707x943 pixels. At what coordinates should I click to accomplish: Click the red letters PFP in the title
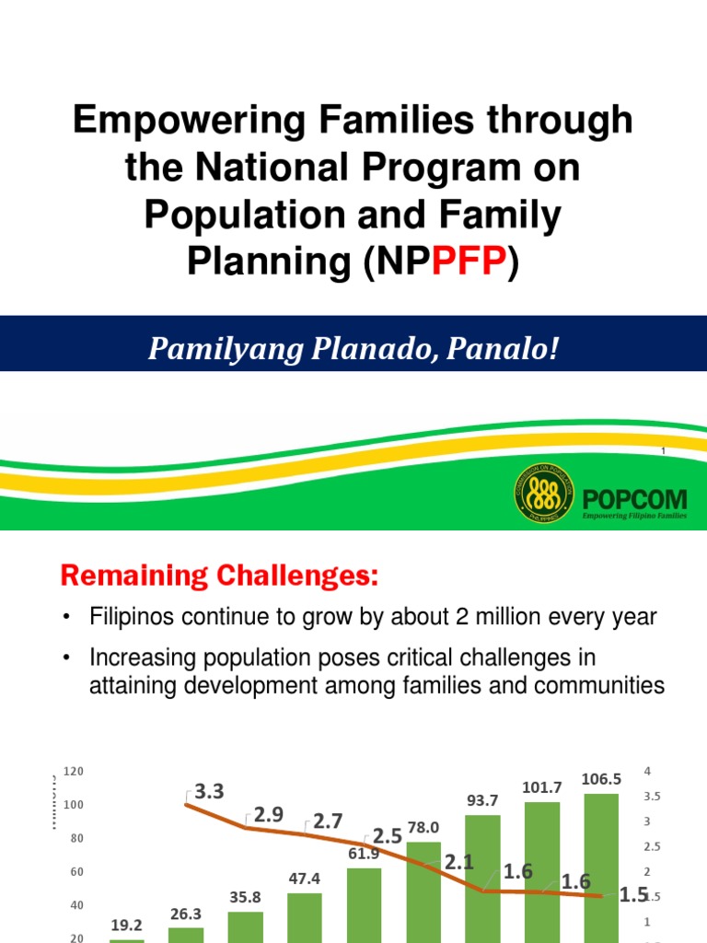coord(470,262)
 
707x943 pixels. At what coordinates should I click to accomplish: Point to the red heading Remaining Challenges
coord(220,576)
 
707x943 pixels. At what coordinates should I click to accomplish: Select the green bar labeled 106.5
coord(601,866)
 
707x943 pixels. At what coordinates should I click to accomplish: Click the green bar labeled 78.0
coord(423,891)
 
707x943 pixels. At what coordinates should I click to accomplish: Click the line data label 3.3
coord(209,791)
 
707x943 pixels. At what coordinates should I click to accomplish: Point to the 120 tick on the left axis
coord(74,771)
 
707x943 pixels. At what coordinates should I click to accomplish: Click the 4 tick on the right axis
coord(648,770)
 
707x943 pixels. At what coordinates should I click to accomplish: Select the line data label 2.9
coord(269,814)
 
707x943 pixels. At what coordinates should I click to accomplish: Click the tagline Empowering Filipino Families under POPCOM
coord(635,518)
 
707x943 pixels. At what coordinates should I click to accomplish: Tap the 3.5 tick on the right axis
coord(652,796)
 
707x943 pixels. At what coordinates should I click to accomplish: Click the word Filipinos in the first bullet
coord(131,617)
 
